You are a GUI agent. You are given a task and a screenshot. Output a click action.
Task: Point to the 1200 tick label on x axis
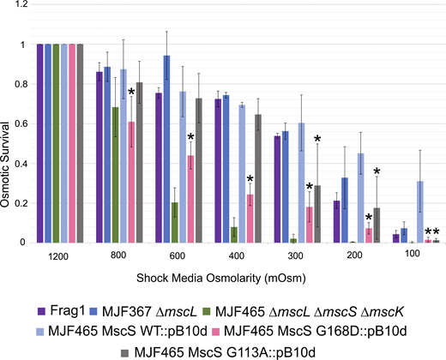click(60, 255)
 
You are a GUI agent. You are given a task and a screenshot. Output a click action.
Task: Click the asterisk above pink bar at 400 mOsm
click(250, 179)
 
